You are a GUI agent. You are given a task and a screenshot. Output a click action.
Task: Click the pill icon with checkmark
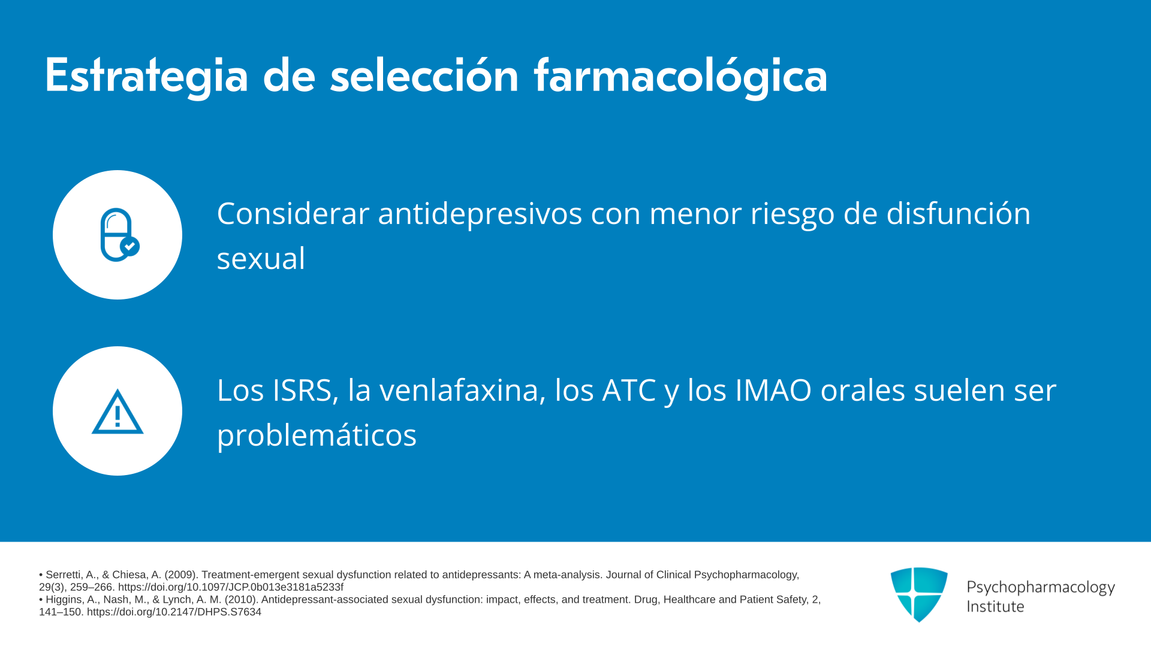pyautogui.click(x=119, y=235)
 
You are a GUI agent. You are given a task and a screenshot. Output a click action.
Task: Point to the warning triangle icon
pyautogui.click(x=117, y=412)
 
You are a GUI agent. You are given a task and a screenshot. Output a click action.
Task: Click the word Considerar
pyautogui.click(x=293, y=213)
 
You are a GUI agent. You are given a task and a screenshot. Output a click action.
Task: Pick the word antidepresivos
pyautogui.click(x=480, y=214)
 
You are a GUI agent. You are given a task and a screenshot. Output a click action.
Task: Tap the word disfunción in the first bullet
pyautogui.click(x=958, y=213)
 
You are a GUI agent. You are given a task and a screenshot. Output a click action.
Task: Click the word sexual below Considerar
pyautogui.click(x=261, y=259)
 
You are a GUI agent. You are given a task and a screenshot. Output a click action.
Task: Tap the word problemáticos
pyautogui.click(x=317, y=436)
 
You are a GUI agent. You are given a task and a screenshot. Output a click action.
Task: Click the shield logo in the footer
pyautogui.click(x=919, y=594)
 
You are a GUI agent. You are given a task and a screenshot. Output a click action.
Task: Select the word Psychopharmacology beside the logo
pyautogui.click(x=1041, y=588)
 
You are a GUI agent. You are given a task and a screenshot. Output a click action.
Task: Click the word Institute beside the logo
pyautogui.click(x=995, y=607)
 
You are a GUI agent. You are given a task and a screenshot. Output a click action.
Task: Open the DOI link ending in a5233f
pyautogui.click(x=231, y=587)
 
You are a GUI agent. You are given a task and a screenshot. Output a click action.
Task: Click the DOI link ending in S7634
pyautogui.click(x=174, y=612)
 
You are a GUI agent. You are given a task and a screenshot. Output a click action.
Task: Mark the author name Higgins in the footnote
pyautogui.click(x=63, y=600)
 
